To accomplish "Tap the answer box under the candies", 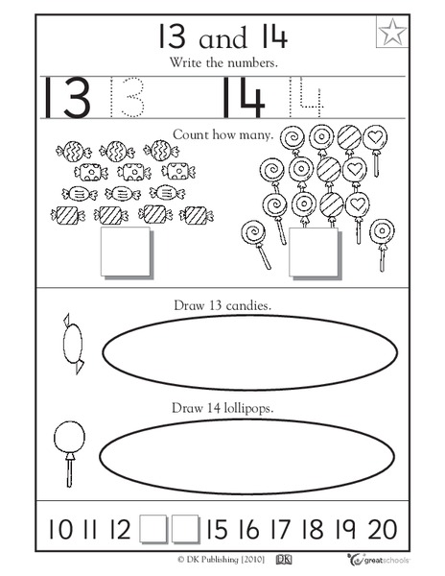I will [x=125, y=252].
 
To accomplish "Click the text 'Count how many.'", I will [x=223, y=135].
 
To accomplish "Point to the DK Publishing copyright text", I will [x=196, y=558].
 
